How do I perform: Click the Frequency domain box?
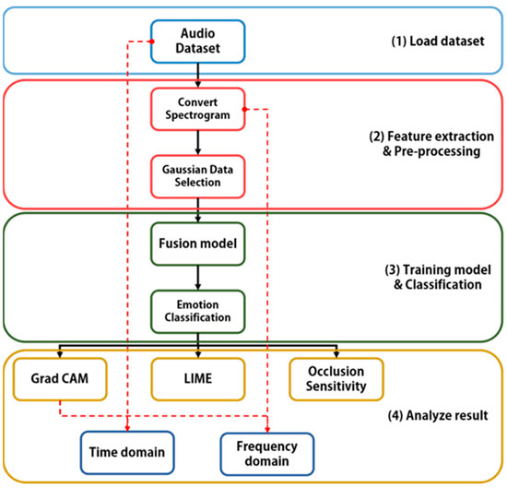[267, 451]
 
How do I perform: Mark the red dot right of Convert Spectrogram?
[244, 108]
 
